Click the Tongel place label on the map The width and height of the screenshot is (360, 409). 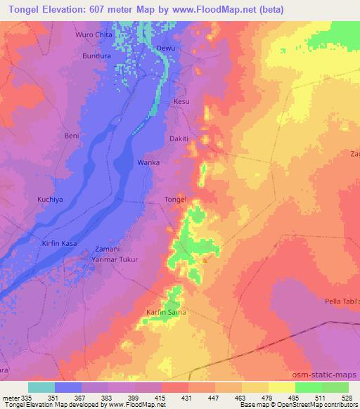(174, 200)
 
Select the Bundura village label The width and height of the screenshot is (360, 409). (97, 55)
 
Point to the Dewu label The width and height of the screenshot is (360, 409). (165, 48)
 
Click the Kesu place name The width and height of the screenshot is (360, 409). (181, 102)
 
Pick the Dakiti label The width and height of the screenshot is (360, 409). (179, 139)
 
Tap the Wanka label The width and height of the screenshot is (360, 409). (148, 162)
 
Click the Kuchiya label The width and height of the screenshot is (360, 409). (51, 200)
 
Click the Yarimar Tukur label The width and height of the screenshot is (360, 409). (115, 259)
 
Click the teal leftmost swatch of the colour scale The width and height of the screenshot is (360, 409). (41, 387)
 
